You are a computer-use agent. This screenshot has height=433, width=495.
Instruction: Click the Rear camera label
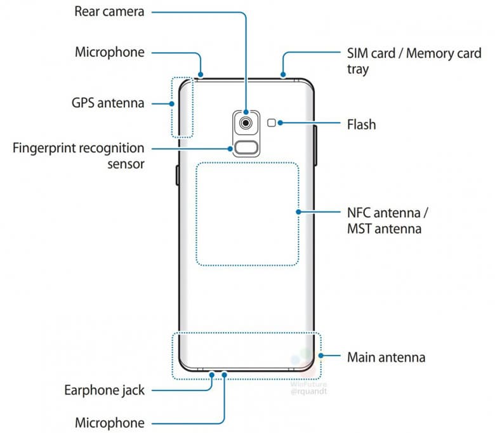pos(109,12)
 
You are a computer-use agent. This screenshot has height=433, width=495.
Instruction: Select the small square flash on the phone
pos(272,123)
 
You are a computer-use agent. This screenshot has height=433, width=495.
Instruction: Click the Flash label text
pos(361,124)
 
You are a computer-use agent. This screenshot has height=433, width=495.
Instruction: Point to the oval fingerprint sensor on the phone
pos(244,150)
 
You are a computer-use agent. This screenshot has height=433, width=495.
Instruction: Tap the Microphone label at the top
pos(110,51)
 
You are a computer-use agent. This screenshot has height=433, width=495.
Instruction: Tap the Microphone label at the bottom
pos(110,422)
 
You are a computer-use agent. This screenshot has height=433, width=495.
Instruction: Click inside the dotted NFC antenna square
pos(247,213)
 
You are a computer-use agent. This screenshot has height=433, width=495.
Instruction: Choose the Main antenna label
pos(386,357)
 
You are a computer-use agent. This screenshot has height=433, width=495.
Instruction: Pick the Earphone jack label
pos(103,390)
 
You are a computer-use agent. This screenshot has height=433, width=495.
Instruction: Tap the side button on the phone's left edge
pos(177,173)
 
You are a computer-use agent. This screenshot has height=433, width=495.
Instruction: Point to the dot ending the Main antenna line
pos(322,357)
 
